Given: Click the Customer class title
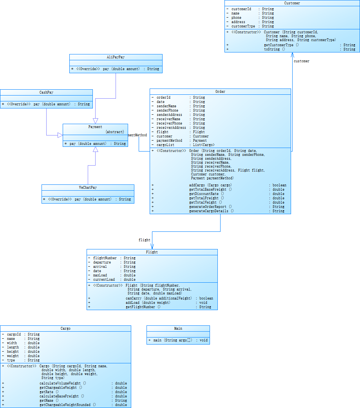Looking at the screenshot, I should click(x=292, y=3).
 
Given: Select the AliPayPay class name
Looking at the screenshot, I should click(x=116, y=57).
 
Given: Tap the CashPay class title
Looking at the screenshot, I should click(x=46, y=92).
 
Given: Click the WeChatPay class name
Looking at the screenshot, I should click(x=88, y=188).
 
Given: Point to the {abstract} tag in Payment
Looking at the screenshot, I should click(x=115, y=132).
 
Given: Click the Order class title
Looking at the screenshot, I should click(x=220, y=92).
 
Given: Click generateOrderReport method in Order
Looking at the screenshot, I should click(x=210, y=207).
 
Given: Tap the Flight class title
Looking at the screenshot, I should click(x=152, y=252).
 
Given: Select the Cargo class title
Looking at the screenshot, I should click(x=65, y=329).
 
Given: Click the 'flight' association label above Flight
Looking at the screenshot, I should click(x=144, y=240).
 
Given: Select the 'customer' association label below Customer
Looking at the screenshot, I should click(x=301, y=61).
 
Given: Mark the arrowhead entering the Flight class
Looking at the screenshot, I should click(x=152, y=246).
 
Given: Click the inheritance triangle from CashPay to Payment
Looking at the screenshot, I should click(x=60, y=135).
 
